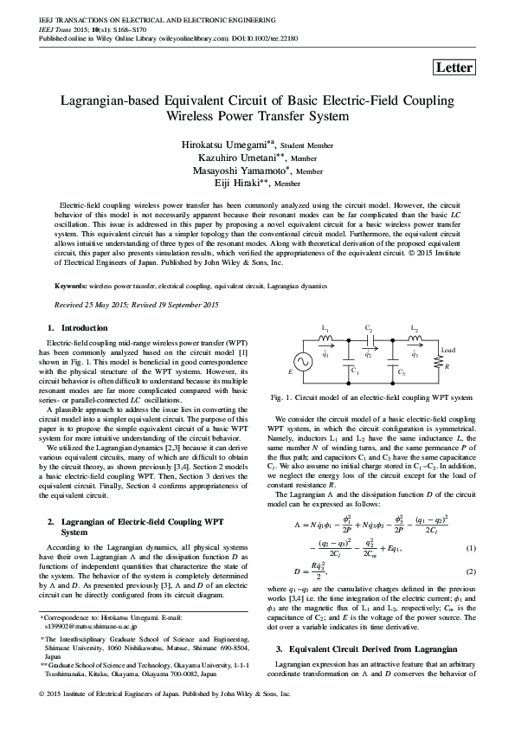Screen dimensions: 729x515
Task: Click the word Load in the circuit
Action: point(447,350)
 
